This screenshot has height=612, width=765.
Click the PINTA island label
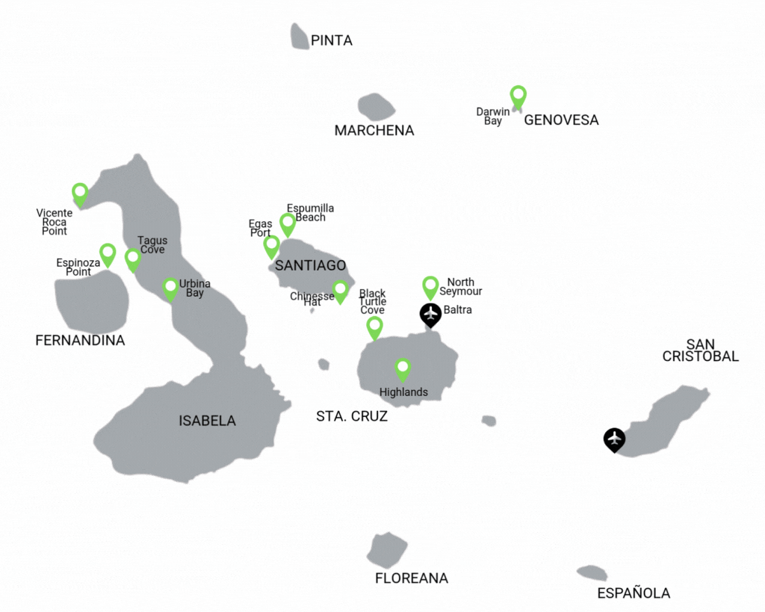pos(331,40)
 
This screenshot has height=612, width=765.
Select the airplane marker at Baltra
pos(430,314)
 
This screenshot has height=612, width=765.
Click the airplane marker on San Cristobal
pos(614,439)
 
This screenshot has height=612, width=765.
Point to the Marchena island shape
pos(376,107)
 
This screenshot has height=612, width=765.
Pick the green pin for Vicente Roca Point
pos(80,194)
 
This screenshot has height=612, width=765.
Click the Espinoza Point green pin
pos(108,254)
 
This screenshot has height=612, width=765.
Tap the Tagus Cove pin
pos(132,259)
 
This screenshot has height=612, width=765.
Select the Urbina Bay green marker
pos(170,288)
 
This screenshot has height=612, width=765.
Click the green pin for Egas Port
pos(271,246)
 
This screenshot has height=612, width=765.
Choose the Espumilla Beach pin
pos(288,223)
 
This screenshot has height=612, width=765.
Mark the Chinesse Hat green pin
pos(340,291)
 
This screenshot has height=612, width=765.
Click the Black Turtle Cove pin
pos(374,327)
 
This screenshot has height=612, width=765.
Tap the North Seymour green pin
pos(430,286)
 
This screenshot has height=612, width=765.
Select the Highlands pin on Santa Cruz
pos(403,369)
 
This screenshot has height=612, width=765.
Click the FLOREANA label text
pos(411,578)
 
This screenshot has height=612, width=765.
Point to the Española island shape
pos(592,573)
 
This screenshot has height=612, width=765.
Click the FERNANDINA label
pos(80,341)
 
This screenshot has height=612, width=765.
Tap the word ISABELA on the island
pos(207,421)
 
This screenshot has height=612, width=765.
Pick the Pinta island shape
pos(300,37)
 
